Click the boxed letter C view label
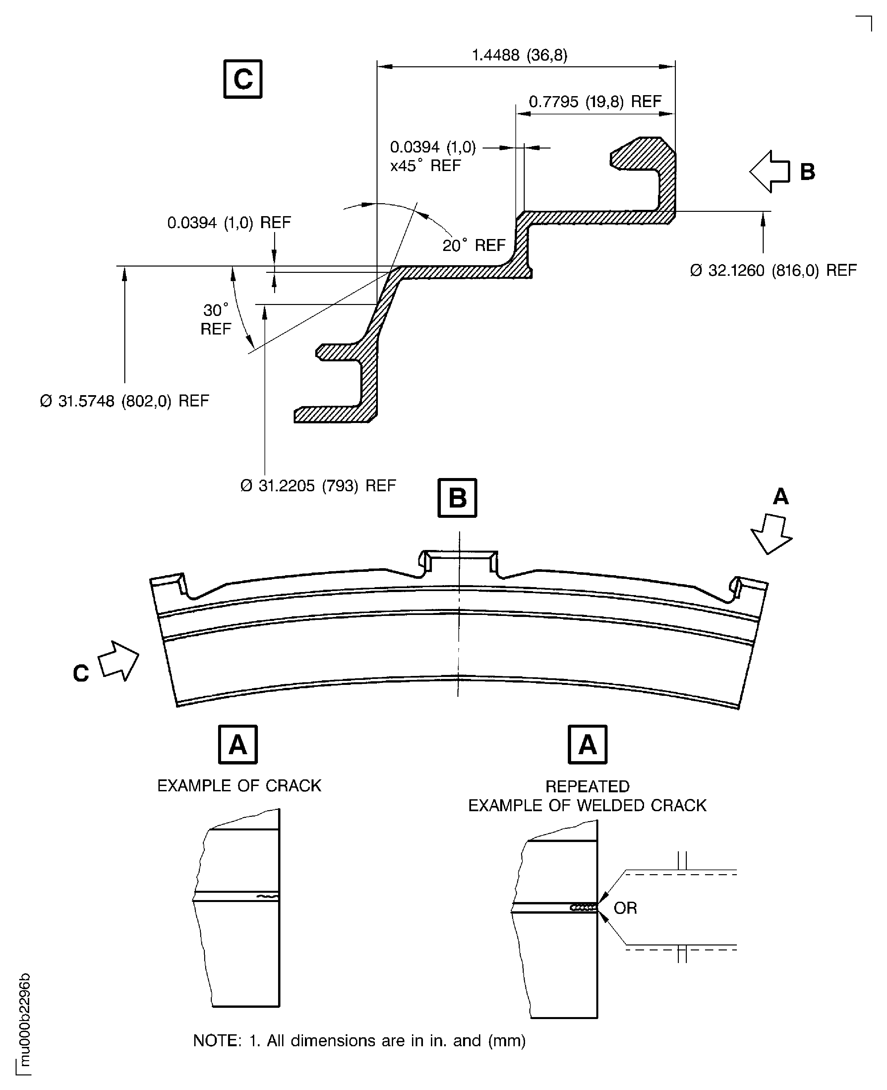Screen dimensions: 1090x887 click(x=243, y=79)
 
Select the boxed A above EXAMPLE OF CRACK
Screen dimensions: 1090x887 click(x=238, y=745)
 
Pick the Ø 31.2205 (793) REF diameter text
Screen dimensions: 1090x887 click(x=318, y=485)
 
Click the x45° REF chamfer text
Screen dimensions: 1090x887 click(x=425, y=165)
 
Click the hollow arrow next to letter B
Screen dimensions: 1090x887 click(x=769, y=172)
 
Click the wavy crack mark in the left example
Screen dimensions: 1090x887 click(x=267, y=896)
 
